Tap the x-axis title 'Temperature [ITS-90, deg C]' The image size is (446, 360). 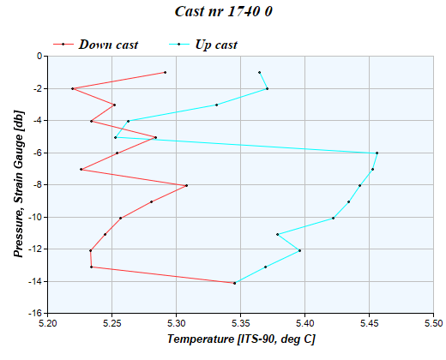click(x=241, y=340)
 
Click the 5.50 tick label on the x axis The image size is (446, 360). click(x=433, y=323)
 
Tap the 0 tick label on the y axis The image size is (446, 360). click(x=40, y=57)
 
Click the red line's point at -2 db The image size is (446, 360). click(x=72, y=88)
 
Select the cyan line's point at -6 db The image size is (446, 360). click(x=377, y=153)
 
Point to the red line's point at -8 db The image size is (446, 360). click(x=186, y=185)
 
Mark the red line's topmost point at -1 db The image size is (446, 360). click(x=165, y=72)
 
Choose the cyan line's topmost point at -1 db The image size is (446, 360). click(x=259, y=72)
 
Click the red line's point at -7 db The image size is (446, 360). click(x=81, y=169)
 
